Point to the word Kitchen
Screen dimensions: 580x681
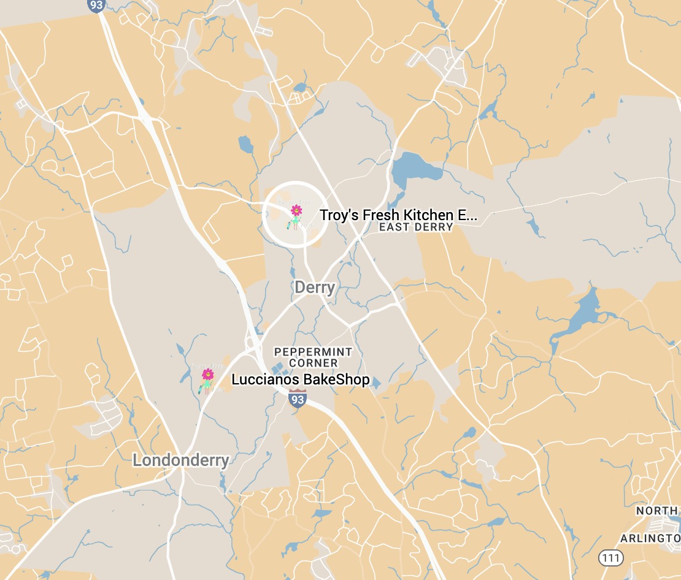point(425,215)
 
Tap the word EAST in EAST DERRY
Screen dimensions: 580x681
point(393,227)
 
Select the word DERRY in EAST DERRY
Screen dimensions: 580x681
point(433,227)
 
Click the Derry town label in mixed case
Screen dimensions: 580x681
point(315,287)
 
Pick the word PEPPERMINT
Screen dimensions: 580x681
point(313,352)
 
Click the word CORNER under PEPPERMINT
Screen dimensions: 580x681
point(314,363)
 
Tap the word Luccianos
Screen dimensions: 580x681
point(266,380)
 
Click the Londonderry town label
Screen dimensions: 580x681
point(181,460)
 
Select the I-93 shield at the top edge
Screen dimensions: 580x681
point(97,5)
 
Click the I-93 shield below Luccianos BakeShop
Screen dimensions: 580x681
point(298,400)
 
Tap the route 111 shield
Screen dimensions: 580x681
point(611,558)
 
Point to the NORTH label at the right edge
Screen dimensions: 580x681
point(657,511)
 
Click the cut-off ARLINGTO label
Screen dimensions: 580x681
point(650,538)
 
